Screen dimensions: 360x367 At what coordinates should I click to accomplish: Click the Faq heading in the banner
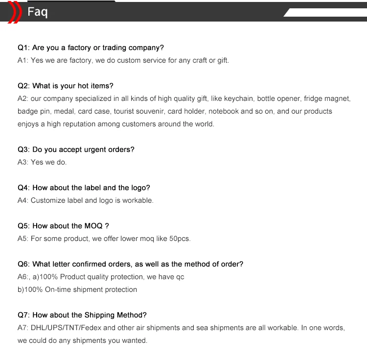(38, 12)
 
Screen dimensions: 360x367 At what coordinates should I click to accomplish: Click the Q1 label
(23, 48)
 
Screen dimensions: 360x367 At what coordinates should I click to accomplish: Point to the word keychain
(239, 98)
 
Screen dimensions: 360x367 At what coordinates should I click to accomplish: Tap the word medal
(65, 111)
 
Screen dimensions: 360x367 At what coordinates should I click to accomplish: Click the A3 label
(23, 162)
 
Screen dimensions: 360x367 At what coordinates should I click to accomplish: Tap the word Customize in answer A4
(48, 200)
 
